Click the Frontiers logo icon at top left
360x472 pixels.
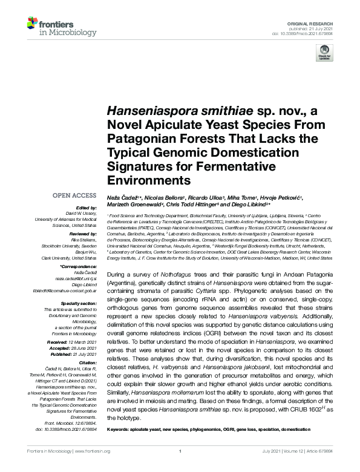point(34,24)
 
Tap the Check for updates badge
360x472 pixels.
point(326,53)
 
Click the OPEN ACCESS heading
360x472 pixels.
point(75,195)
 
